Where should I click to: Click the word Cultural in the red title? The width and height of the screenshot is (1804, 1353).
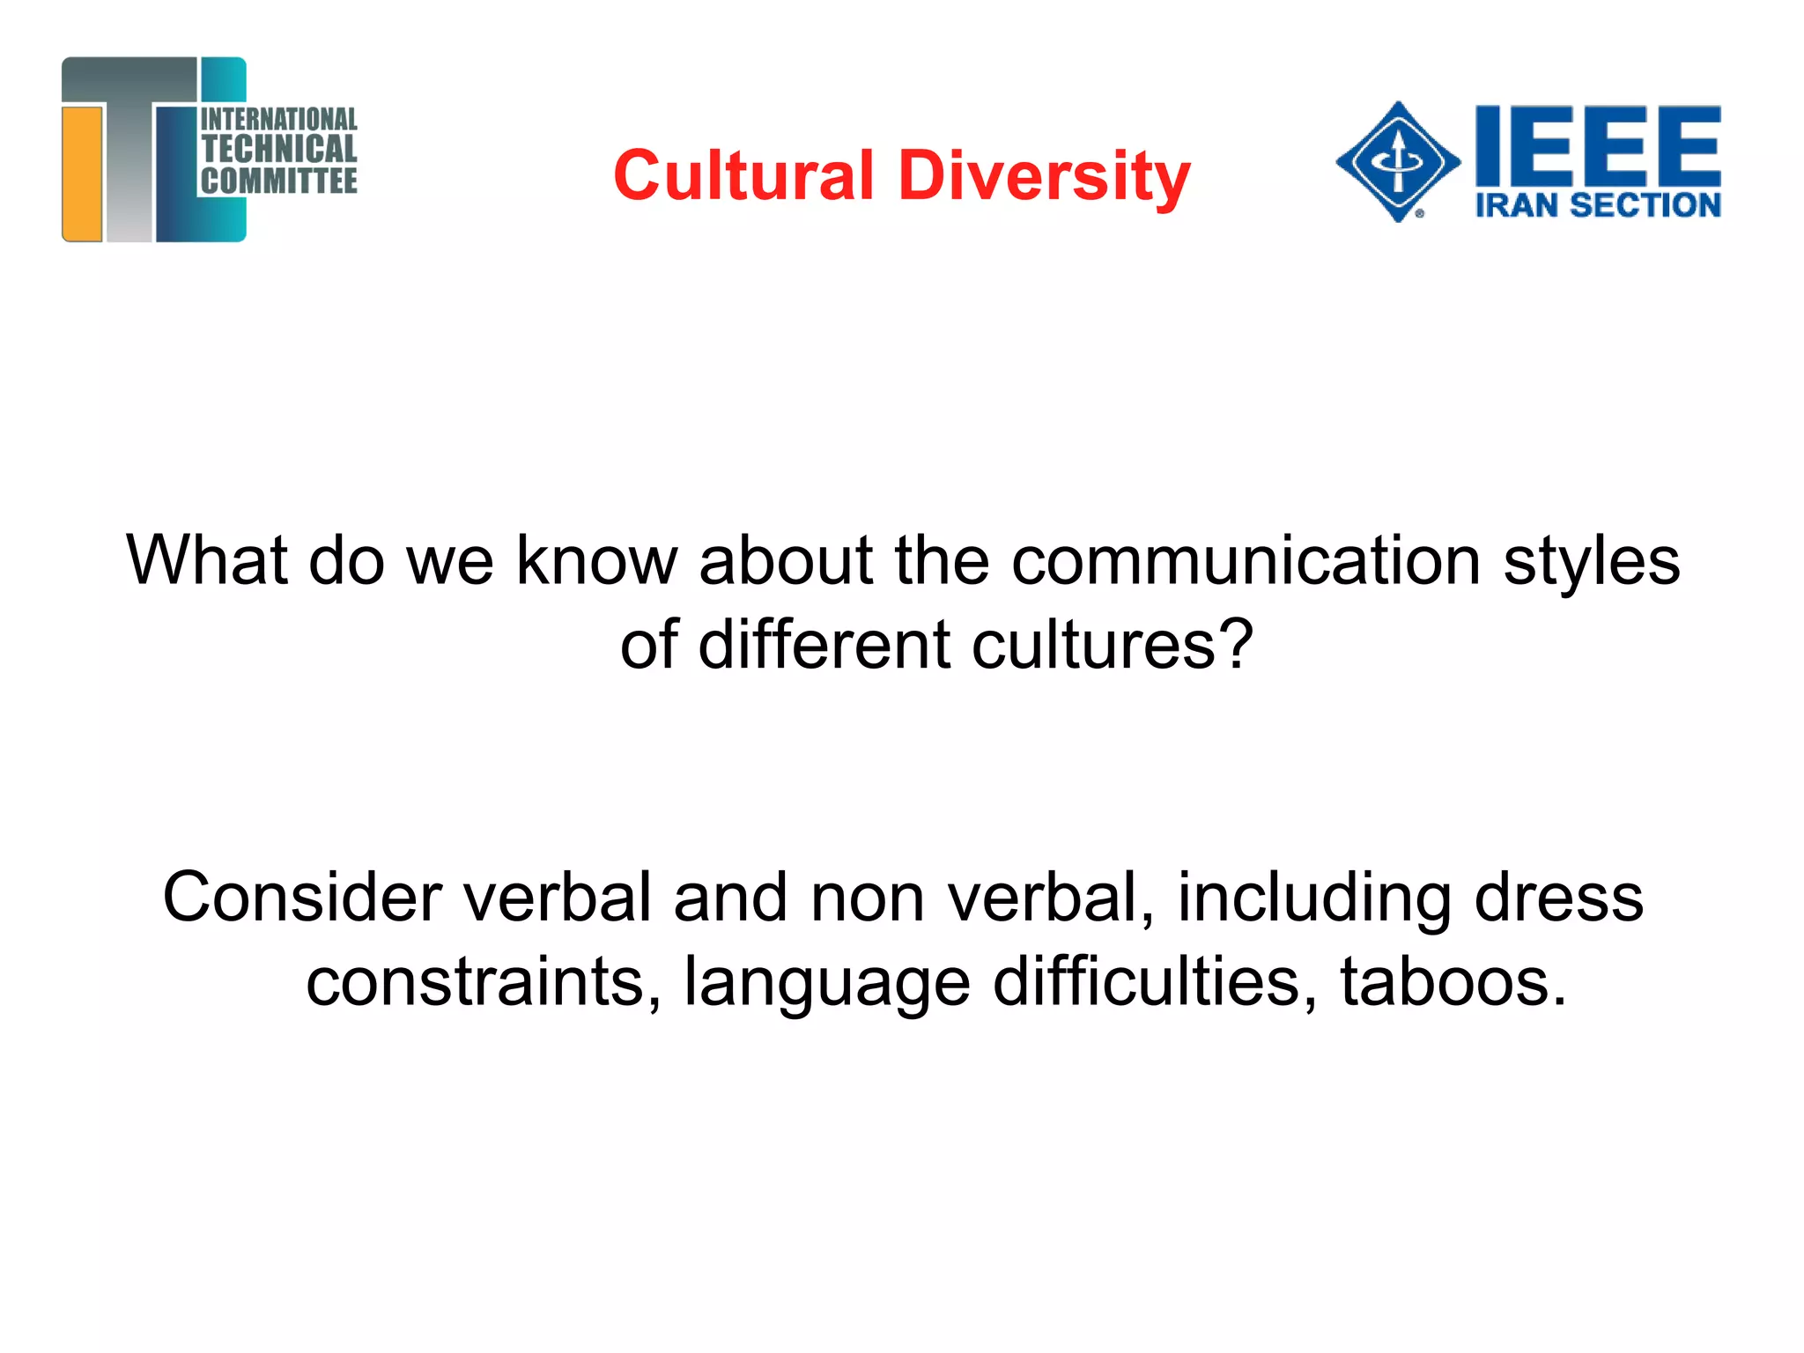click(x=743, y=175)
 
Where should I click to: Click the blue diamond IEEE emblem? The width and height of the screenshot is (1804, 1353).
click(x=1397, y=161)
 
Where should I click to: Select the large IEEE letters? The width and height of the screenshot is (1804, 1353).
click(x=1598, y=143)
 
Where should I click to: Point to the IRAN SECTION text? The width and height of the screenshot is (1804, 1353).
click(x=1598, y=205)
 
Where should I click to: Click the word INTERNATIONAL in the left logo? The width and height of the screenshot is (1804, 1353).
click(x=279, y=119)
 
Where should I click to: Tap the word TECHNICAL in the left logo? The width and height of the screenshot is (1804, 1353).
click(x=279, y=149)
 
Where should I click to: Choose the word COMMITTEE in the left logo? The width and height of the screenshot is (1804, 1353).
click(x=279, y=181)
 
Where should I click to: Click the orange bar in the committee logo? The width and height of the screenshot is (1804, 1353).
click(x=83, y=173)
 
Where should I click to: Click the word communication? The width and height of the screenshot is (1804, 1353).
click(x=1246, y=560)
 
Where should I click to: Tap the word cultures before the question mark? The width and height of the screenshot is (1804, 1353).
click(x=1094, y=645)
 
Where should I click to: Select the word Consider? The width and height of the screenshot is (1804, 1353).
click(x=301, y=898)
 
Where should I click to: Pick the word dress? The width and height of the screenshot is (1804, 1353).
click(x=1558, y=898)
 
